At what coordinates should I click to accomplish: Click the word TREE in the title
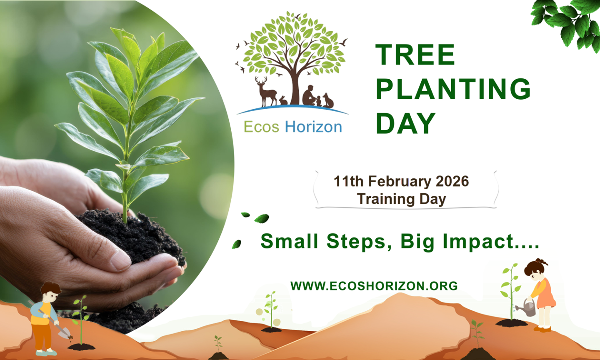click(415, 55)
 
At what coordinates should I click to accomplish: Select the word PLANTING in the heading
click(453, 89)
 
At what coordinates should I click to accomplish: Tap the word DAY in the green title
click(405, 124)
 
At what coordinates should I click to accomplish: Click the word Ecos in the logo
click(261, 127)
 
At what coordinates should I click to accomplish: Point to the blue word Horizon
click(313, 127)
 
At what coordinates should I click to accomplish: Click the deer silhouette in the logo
click(266, 91)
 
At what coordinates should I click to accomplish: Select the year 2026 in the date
click(452, 182)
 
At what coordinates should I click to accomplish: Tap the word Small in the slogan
click(290, 242)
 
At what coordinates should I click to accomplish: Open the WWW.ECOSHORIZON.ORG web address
click(374, 286)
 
